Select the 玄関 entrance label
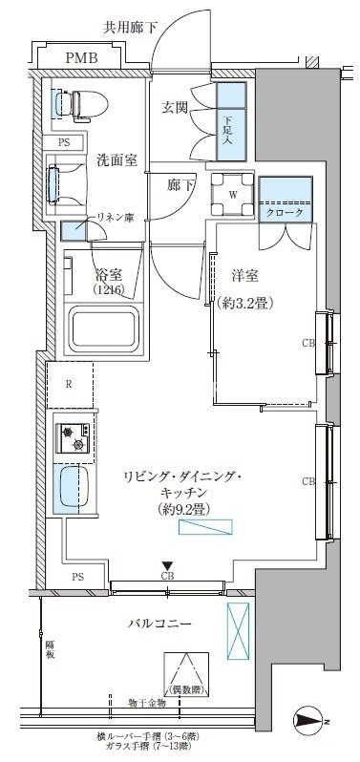[175, 107]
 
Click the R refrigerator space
[71, 385]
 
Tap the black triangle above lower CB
[167, 566]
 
